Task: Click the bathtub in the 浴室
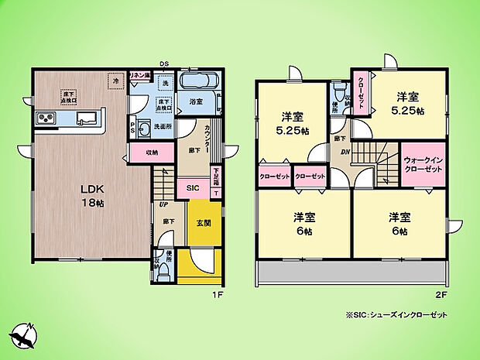tap(197, 83)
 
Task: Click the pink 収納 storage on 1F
tap(152, 153)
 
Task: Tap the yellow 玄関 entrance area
tap(199, 223)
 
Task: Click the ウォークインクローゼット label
tap(423, 164)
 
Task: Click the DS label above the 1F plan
tap(164, 64)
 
